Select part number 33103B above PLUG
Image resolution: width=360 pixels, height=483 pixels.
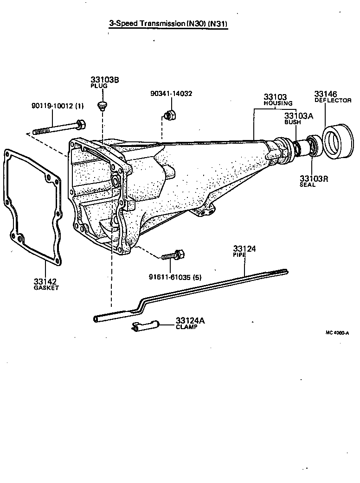(104, 80)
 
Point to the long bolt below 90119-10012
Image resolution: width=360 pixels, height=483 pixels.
(59, 127)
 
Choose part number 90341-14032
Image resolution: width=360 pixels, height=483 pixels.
(171, 93)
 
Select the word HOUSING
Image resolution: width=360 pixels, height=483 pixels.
(277, 103)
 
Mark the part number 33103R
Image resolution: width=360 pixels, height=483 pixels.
(314, 178)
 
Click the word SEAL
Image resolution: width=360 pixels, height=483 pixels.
(307, 184)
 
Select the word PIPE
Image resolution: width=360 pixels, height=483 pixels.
(238, 255)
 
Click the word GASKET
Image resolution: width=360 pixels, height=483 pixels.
(46, 287)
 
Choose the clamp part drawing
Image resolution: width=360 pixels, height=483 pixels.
(145, 326)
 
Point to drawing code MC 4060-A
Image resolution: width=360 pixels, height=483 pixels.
(337, 332)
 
